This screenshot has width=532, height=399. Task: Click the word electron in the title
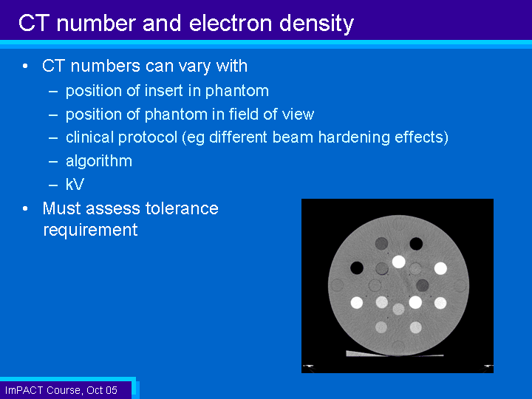[231, 23]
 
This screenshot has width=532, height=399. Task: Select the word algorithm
[99, 161]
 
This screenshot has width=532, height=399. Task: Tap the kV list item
[75, 184]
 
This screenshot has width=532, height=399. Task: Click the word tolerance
[182, 208]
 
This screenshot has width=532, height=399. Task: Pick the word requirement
[91, 231]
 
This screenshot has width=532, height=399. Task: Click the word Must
[62, 208]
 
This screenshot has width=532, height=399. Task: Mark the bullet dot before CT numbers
[25, 66]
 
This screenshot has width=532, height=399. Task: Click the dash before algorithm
[53, 162]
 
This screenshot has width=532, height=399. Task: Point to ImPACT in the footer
[24, 390]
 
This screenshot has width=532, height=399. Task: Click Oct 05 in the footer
[102, 390]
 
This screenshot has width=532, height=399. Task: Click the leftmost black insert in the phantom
[357, 267]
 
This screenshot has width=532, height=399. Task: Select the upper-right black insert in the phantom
[416, 243]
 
